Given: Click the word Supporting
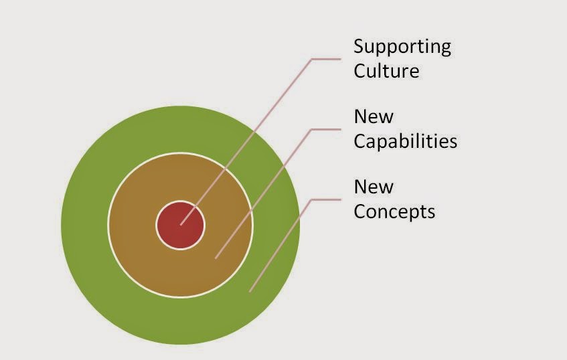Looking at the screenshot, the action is tap(402, 48).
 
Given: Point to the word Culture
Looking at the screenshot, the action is tap(386, 70).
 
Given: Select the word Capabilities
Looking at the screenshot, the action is tap(405, 141).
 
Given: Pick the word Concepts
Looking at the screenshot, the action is tap(394, 211).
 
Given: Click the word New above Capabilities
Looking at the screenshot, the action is tap(374, 116).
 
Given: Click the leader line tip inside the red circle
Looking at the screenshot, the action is tap(181, 224).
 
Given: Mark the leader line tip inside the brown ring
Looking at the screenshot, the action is tap(216, 257).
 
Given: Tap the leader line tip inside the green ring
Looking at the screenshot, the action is tap(250, 291).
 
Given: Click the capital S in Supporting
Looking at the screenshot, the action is tap(359, 47).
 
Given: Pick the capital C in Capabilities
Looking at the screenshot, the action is tap(359, 141).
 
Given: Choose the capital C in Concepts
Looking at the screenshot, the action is tap(359, 211).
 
